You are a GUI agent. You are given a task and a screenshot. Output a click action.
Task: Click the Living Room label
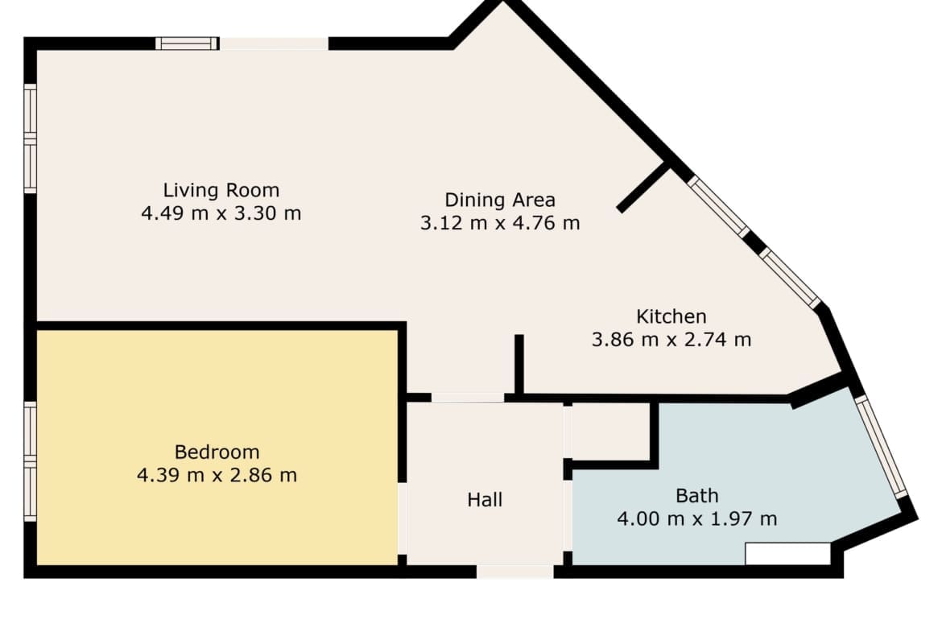pos(221,191)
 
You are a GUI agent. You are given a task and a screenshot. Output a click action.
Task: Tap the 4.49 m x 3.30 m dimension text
pos(221,213)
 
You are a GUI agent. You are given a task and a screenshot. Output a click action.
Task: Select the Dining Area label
pos(500,200)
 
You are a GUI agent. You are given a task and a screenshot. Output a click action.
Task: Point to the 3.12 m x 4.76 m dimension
pos(500,224)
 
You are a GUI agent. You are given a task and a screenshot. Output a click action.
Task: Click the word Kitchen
pos(671,316)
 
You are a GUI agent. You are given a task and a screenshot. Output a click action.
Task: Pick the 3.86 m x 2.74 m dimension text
pos(671,340)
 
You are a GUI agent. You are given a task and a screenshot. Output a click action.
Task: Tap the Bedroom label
pos(217,452)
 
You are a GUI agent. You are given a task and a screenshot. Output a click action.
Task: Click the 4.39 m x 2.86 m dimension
pos(217,475)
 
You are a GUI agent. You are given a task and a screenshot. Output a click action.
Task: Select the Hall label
pos(485,499)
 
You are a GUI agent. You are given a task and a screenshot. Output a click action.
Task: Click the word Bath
pos(697,496)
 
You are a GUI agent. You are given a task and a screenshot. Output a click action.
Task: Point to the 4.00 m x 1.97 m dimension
pos(697,518)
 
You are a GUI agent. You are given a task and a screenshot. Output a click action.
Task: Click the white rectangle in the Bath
pos(787,554)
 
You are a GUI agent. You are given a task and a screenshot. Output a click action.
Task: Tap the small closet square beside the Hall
pos(610,432)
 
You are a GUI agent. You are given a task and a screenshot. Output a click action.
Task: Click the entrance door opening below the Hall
pos(515,572)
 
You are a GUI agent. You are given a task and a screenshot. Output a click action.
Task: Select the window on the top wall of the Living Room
pos(187,43)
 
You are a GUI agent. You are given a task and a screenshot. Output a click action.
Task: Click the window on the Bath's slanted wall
pos(882,447)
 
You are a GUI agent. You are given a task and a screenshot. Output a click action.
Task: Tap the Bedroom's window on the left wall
pos(30,461)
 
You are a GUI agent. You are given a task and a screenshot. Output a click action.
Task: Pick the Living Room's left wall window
pos(30,138)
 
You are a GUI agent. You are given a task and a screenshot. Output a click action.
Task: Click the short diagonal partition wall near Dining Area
pos(643,187)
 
